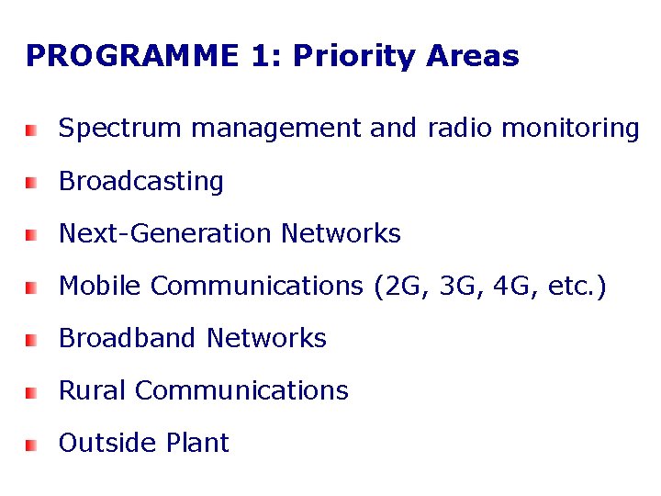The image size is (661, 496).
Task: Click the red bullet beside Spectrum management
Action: point(31,130)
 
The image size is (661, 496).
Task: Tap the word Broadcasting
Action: point(141,182)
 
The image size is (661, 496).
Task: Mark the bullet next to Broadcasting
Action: point(31,184)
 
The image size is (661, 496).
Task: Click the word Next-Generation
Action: point(166,234)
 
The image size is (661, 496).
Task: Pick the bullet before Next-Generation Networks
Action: point(31,236)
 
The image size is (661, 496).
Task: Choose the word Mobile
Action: point(100,287)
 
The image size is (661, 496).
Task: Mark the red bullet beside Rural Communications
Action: point(31,392)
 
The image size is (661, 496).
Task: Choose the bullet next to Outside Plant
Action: point(31,445)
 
